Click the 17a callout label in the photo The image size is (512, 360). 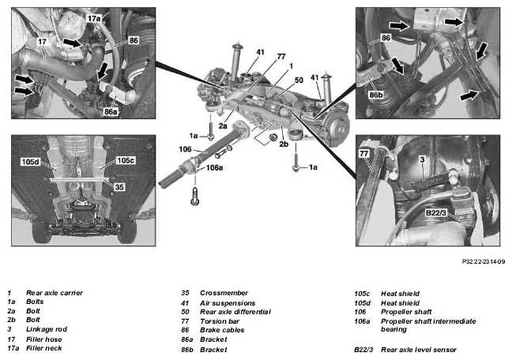click(x=94, y=19)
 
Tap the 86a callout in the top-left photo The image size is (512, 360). click(x=111, y=111)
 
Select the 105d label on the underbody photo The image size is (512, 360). click(x=30, y=162)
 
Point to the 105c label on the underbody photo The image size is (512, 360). click(x=126, y=160)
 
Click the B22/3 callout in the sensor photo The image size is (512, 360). click(x=435, y=213)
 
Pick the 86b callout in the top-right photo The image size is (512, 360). click(x=376, y=95)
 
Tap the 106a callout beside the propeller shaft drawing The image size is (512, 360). click(x=214, y=167)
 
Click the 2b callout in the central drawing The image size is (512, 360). click(x=284, y=144)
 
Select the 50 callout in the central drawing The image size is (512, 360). click(x=299, y=80)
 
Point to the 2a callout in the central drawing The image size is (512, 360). click(x=223, y=126)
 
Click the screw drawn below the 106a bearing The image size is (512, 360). click(x=195, y=196)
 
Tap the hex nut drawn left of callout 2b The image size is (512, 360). click(x=273, y=138)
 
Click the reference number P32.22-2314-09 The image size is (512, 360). click(x=484, y=261)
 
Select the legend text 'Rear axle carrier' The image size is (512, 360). click(x=55, y=293)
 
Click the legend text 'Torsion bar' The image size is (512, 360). click(x=220, y=321)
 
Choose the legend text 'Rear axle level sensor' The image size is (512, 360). click(x=419, y=350)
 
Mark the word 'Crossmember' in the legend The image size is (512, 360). click(x=224, y=293)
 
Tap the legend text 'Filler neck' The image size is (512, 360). click(x=43, y=348)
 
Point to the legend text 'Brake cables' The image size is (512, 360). click(x=222, y=330)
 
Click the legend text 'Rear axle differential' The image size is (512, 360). click(x=235, y=312)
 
